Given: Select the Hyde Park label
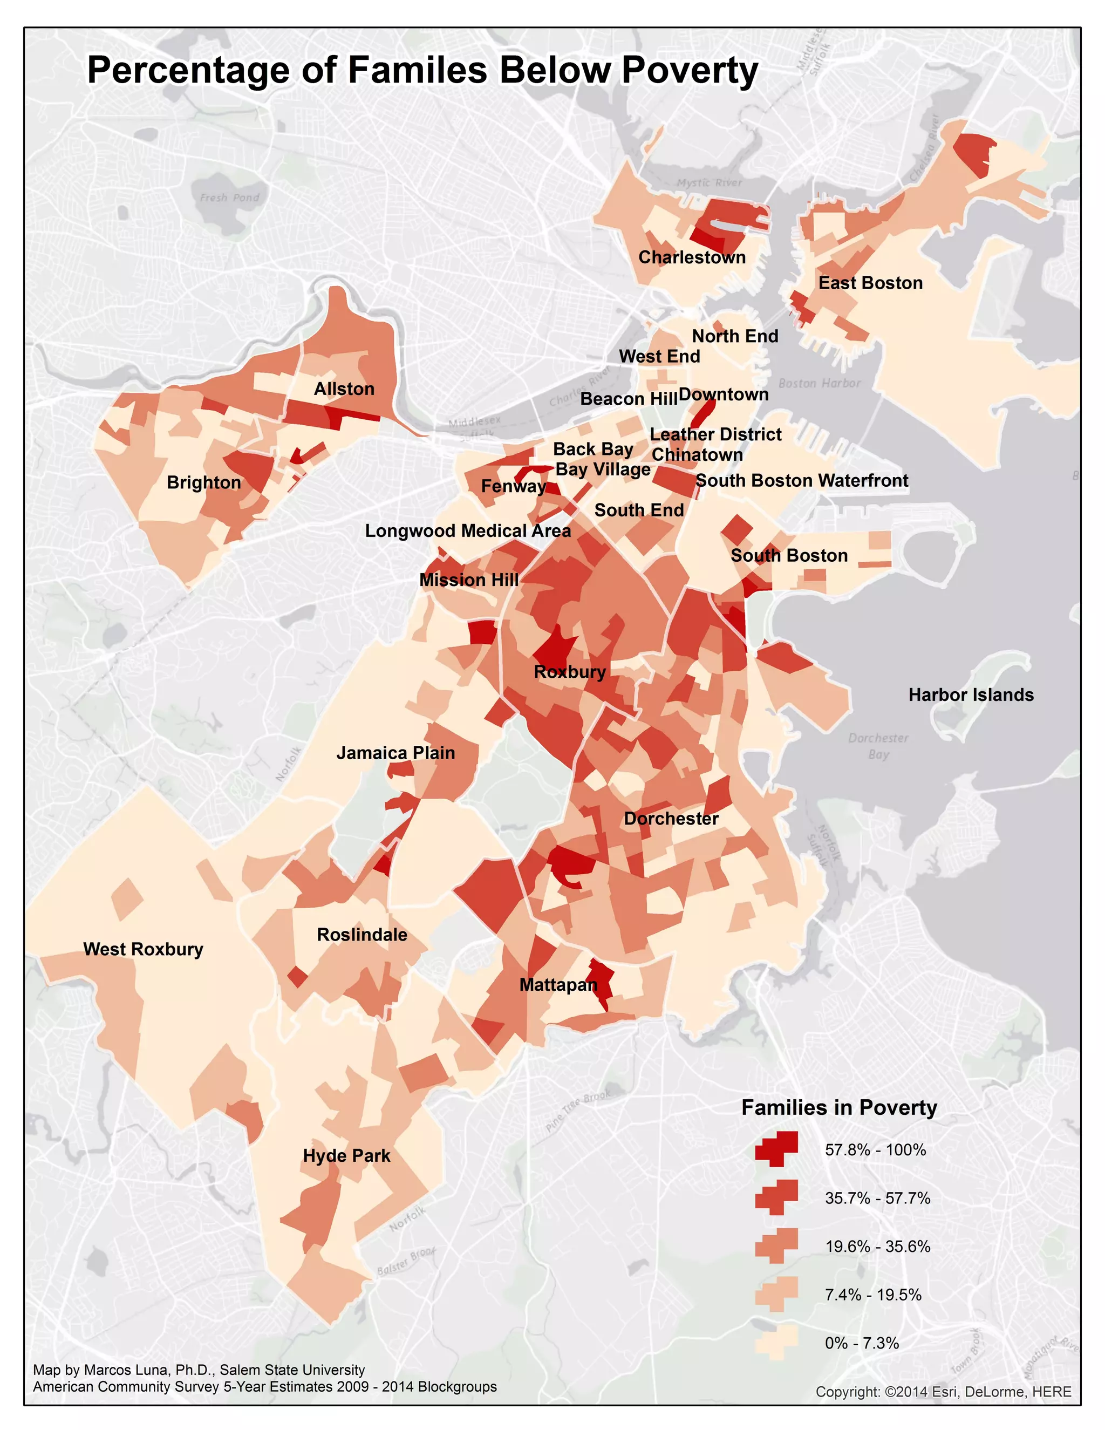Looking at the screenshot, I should (x=346, y=1156).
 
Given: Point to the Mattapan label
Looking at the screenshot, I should (x=558, y=985).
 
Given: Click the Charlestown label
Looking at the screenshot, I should (x=692, y=257).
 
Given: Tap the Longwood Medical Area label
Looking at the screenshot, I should (x=467, y=530).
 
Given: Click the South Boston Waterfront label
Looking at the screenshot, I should (x=801, y=481).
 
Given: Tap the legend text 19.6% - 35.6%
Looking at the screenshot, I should (x=877, y=1246).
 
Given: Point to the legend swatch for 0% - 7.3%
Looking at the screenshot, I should (x=777, y=1342).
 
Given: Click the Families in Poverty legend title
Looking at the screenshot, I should (x=838, y=1108).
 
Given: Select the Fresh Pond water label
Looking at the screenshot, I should (x=229, y=198).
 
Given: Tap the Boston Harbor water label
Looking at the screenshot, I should (x=819, y=383).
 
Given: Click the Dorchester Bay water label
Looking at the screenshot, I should (x=878, y=746).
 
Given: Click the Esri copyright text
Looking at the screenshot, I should (x=943, y=1391).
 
